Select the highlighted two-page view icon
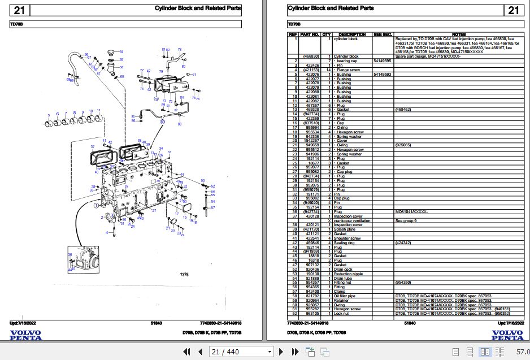(x=485, y=352)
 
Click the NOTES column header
(x=459, y=34)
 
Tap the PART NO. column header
(x=310, y=34)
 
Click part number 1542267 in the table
(x=312, y=141)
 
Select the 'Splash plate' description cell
(x=345, y=229)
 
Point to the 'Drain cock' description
(x=343, y=270)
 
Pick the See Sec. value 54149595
(x=383, y=60)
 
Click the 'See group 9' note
(x=406, y=220)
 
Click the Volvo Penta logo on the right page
(x=507, y=335)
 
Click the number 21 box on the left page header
(x=19, y=10)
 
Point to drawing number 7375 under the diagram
(x=184, y=275)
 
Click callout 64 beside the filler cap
(x=120, y=52)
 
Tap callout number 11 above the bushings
(x=99, y=110)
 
